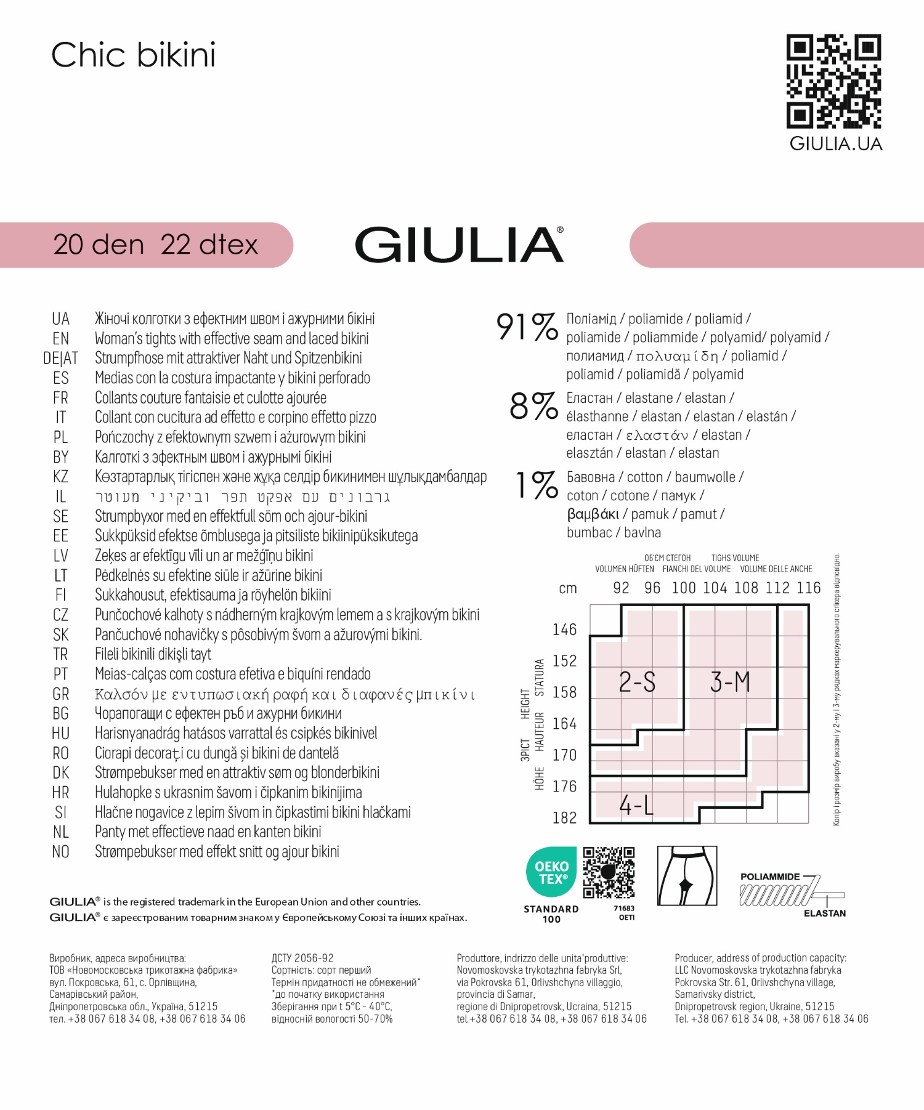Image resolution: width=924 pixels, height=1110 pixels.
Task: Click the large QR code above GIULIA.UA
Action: click(833, 81)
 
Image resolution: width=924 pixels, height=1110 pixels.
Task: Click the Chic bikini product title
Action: click(133, 55)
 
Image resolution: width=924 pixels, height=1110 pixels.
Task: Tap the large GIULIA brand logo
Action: click(459, 245)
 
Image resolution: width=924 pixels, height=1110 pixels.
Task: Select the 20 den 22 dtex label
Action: click(155, 245)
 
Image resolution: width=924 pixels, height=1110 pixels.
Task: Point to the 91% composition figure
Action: click(527, 326)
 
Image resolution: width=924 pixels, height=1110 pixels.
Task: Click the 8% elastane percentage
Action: click(533, 406)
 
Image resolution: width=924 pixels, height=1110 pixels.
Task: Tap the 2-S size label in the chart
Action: click(637, 683)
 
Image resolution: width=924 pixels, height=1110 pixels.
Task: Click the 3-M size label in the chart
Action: click(730, 683)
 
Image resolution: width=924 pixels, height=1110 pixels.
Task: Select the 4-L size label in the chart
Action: click(636, 805)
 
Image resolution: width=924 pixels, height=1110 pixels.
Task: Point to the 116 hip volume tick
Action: click(808, 588)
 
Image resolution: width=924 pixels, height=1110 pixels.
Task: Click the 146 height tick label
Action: click(564, 630)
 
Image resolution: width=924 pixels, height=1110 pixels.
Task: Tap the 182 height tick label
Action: click(564, 818)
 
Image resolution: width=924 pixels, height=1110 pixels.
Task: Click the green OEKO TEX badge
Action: click(551, 872)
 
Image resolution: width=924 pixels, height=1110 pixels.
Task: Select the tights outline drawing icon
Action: click(687, 875)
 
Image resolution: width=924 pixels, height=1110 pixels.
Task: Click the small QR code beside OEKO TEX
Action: click(609, 872)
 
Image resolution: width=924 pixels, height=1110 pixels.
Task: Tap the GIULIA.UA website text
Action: click(836, 144)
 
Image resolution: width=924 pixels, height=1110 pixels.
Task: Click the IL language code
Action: click(60, 496)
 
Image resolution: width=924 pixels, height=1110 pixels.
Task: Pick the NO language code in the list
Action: click(60, 852)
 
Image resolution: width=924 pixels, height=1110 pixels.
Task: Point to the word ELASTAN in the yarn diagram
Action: click(824, 913)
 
